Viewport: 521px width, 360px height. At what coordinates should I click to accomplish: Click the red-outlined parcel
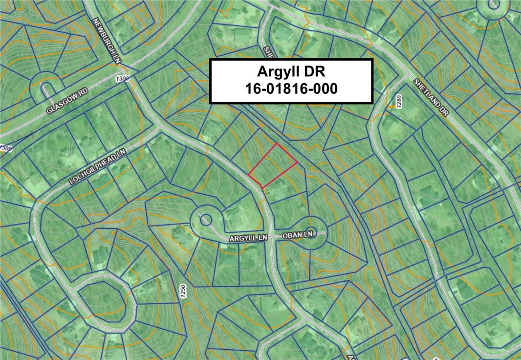pyautogui.click(x=273, y=166)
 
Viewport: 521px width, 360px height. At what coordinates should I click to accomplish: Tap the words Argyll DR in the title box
pyautogui.click(x=291, y=72)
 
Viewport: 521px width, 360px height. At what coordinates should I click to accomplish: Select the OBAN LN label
pyautogui.click(x=297, y=235)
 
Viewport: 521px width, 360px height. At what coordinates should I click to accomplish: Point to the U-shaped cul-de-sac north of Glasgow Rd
pyautogui.click(x=46, y=88)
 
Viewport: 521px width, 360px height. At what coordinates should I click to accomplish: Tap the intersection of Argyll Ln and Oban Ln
pyautogui.click(x=272, y=236)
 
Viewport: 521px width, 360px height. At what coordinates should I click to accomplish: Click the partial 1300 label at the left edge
pyautogui.click(x=5, y=148)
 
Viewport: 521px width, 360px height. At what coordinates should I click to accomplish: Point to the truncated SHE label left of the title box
pyautogui.click(x=267, y=51)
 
